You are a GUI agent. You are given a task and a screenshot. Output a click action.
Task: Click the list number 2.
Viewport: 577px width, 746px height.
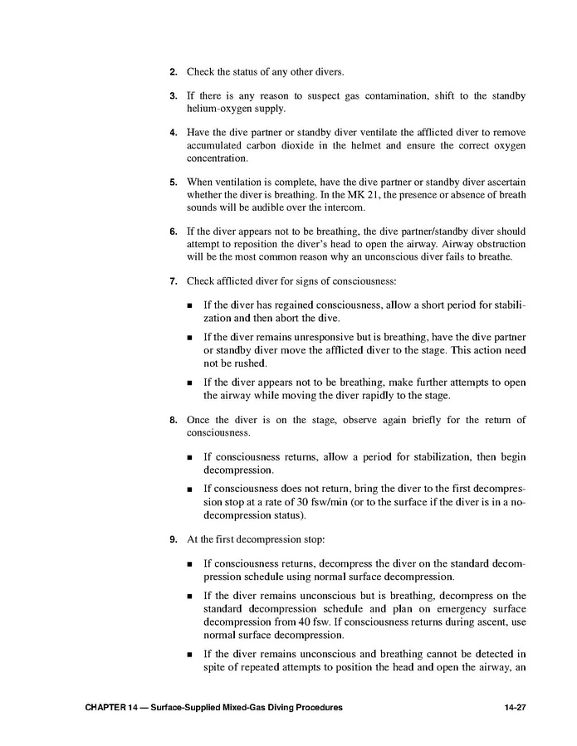point(174,73)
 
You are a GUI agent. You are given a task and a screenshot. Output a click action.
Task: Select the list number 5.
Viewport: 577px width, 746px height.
point(174,182)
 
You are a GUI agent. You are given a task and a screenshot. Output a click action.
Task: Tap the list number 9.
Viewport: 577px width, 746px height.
point(174,539)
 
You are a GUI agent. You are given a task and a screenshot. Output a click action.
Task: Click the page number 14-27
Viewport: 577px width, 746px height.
point(515,707)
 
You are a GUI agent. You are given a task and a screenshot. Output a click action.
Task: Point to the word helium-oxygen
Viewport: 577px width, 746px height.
point(219,109)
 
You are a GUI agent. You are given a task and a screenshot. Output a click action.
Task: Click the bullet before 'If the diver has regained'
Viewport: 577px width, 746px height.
point(190,306)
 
